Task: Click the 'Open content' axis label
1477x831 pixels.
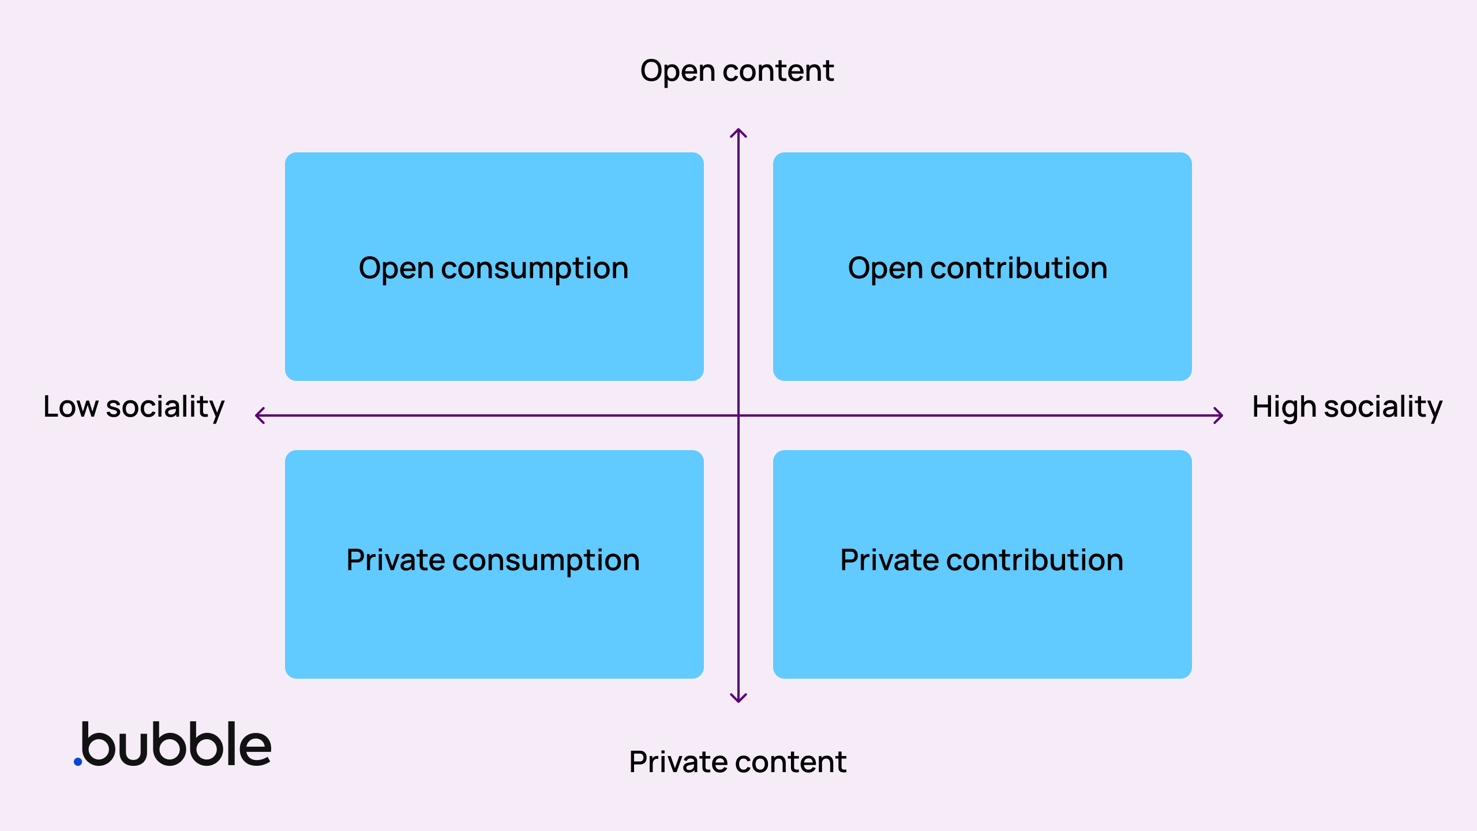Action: coord(737,71)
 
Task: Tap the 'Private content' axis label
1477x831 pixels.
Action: coord(737,762)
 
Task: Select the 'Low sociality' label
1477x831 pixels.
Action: coord(134,407)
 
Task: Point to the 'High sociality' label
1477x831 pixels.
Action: coord(1347,407)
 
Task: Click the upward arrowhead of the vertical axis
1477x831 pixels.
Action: coord(738,133)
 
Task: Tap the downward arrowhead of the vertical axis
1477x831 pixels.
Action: coord(738,698)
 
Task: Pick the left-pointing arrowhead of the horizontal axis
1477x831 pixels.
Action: coord(260,415)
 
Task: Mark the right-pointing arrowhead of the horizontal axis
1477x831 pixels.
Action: coord(1219,415)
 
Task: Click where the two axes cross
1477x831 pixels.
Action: coord(738,415)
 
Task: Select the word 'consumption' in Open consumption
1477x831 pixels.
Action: coord(534,269)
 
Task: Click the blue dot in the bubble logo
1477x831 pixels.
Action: coord(78,762)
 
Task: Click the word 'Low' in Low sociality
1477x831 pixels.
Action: coord(70,407)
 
